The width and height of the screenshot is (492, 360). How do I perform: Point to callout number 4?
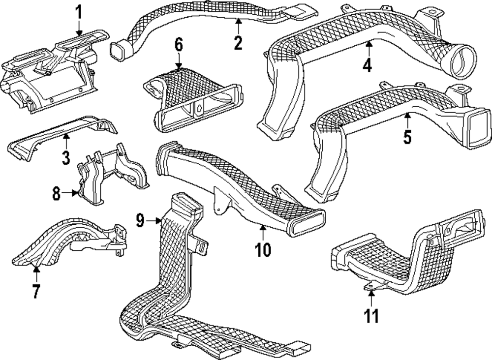pos(367,65)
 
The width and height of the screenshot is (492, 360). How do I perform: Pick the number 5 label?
pos(407,136)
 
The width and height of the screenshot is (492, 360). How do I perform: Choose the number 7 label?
pos(36,291)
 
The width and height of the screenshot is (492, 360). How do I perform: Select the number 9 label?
pos(141,221)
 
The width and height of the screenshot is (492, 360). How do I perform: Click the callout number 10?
pos(263,249)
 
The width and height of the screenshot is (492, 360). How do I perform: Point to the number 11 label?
pos(372,314)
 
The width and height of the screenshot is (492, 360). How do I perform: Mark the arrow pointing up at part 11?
pos(372,296)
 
